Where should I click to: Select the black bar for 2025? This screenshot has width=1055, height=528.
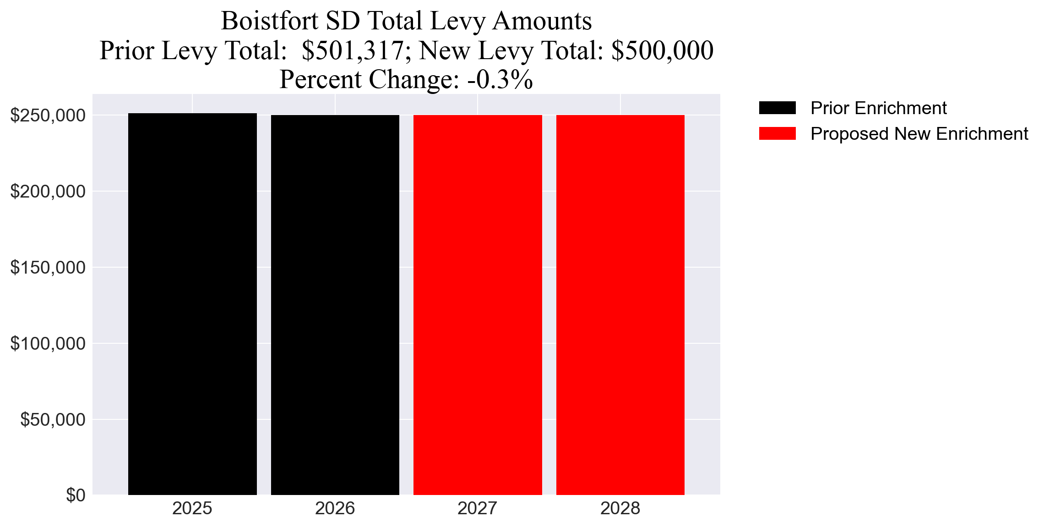pyautogui.click(x=192, y=304)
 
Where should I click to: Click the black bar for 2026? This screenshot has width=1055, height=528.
pyautogui.click(x=335, y=305)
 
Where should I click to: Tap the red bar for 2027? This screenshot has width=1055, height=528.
pyautogui.click(x=478, y=305)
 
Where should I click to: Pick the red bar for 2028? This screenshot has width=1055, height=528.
pyautogui.click(x=620, y=305)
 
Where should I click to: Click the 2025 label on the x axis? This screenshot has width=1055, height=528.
pyautogui.click(x=192, y=509)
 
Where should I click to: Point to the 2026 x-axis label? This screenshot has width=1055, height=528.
pyautogui.click(x=335, y=509)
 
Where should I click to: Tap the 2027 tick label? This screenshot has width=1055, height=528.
pyautogui.click(x=478, y=509)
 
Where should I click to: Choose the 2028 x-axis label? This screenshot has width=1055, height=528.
pyautogui.click(x=620, y=509)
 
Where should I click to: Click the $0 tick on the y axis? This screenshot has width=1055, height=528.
pyautogui.click(x=76, y=495)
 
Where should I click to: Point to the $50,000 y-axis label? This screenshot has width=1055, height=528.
pyautogui.click(x=53, y=419)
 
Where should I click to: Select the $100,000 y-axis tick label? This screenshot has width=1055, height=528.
pyautogui.click(x=48, y=343)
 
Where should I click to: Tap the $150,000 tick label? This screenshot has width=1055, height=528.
pyautogui.click(x=48, y=267)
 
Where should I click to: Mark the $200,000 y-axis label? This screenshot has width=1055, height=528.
pyautogui.click(x=48, y=191)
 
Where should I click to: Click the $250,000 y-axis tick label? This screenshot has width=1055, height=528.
pyautogui.click(x=48, y=115)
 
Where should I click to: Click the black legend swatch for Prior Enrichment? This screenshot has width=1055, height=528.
pyautogui.click(x=777, y=108)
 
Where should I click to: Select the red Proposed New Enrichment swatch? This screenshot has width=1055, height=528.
pyautogui.click(x=777, y=134)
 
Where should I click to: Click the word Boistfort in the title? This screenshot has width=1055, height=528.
pyautogui.click(x=270, y=21)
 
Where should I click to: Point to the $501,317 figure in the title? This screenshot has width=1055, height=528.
pyautogui.click(x=352, y=50)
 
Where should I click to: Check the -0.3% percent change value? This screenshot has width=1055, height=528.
pyautogui.click(x=500, y=80)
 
